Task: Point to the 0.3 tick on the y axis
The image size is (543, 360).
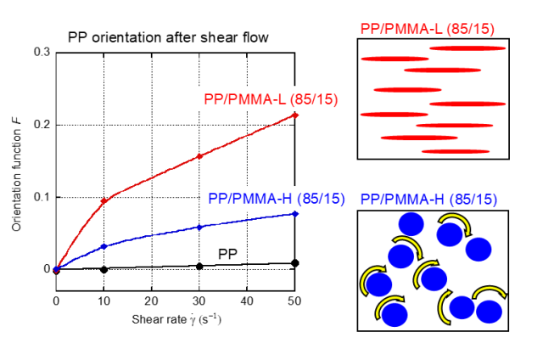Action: tap(41, 53)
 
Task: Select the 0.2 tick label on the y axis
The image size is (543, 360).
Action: tap(41, 125)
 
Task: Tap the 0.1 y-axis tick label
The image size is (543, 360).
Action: tap(41, 197)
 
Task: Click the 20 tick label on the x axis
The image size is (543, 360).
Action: tap(151, 301)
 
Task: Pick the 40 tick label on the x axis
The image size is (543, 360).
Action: tap(247, 301)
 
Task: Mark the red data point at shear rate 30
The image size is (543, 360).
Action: tap(199, 156)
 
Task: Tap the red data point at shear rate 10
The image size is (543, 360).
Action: tap(104, 201)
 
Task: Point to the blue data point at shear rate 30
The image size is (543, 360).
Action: tap(199, 227)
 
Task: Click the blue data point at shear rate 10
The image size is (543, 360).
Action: tap(104, 246)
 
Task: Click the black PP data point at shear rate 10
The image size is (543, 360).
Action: tap(104, 269)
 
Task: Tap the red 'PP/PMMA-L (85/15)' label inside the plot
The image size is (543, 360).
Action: tap(271, 99)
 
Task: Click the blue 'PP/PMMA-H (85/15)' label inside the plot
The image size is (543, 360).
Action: tap(276, 199)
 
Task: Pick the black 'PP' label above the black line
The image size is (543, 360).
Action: tap(228, 253)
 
